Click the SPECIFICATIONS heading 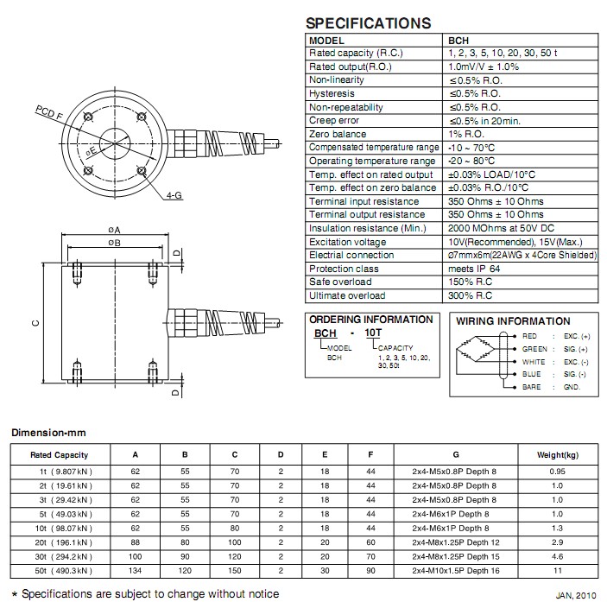coord(369,23)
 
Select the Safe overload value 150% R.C coord(471,282)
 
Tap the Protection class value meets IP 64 coord(477,269)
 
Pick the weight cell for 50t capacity coord(557,572)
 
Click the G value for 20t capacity coord(455,542)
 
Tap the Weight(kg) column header coord(557,455)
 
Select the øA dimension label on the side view coord(115,231)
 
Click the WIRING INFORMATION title coord(513,321)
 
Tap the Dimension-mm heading coord(47,432)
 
